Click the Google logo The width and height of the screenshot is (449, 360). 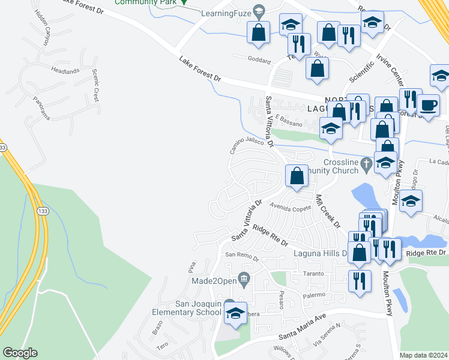(20, 353)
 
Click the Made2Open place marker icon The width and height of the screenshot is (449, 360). (244, 277)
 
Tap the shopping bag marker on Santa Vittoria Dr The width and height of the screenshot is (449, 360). (297, 176)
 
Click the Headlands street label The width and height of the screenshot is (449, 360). (65, 71)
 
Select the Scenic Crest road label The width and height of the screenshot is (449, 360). (95, 85)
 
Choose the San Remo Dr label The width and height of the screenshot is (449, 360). (241, 256)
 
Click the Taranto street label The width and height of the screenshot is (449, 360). (313, 274)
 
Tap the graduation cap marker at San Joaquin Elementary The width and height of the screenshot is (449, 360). (235, 313)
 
